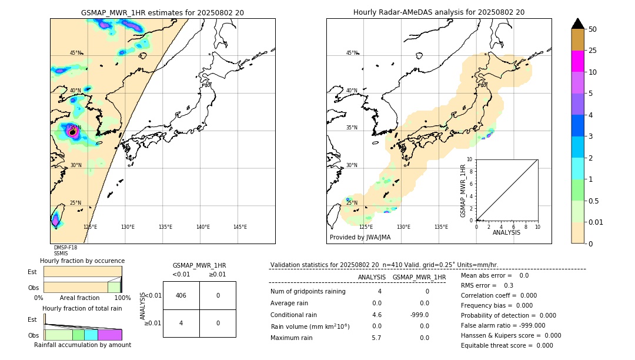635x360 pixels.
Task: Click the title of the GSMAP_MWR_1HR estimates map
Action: pyautogui.click(x=162, y=12)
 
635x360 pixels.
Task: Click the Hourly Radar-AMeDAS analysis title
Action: pyautogui.click(x=439, y=12)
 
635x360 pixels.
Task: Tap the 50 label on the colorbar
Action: pyautogui.click(x=593, y=29)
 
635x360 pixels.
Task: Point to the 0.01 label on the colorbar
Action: pyautogui.click(x=596, y=222)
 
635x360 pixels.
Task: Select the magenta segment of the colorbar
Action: pyautogui.click(x=577, y=61)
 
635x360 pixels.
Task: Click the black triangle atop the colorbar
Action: pyautogui.click(x=577, y=24)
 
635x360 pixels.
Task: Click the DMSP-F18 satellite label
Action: pyautogui.click(x=65, y=248)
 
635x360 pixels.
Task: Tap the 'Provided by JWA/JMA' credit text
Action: pyautogui.click(x=360, y=238)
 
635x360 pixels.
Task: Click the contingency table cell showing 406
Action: pyautogui.click(x=181, y=295)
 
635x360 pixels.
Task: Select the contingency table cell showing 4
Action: pyautogui.click(x=181, y=323)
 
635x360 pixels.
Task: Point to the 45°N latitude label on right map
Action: pyautogui.click(x=352, y=53)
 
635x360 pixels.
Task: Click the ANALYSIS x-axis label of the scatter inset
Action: pyautogui.click(x=506, y=232)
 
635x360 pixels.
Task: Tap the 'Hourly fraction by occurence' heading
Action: pyautogui.click(x=82, y=261)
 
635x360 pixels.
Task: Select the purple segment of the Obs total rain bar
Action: pyautogui.click(x=109, y=335)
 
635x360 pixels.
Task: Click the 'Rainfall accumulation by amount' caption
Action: pyautogui.click(x=82, y=345)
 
